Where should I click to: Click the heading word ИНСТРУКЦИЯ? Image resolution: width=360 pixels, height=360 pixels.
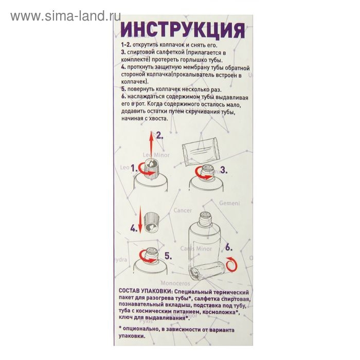[182, 30]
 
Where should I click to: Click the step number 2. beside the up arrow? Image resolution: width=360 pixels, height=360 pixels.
[159, 136]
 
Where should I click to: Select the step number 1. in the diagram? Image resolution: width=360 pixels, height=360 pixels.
[134, 168]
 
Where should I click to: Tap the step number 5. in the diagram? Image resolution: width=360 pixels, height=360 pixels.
[167, 256]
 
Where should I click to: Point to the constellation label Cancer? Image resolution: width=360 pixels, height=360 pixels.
[183, 210]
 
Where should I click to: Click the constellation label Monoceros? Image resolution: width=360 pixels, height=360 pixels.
[175, 283]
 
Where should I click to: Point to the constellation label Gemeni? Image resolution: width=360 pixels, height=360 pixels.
[229, 203]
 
